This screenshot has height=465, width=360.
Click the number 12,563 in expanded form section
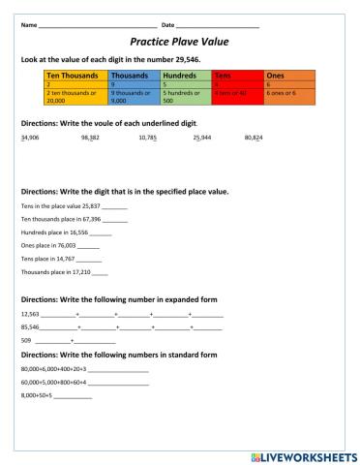pos(29,316)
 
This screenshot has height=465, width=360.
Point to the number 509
pos(26,342)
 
